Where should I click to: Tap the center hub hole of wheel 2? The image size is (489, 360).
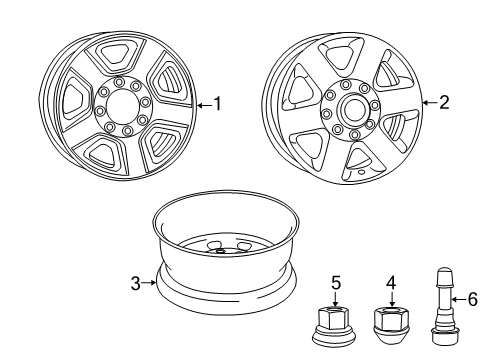pyautogui.click(x=352, y=107)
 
